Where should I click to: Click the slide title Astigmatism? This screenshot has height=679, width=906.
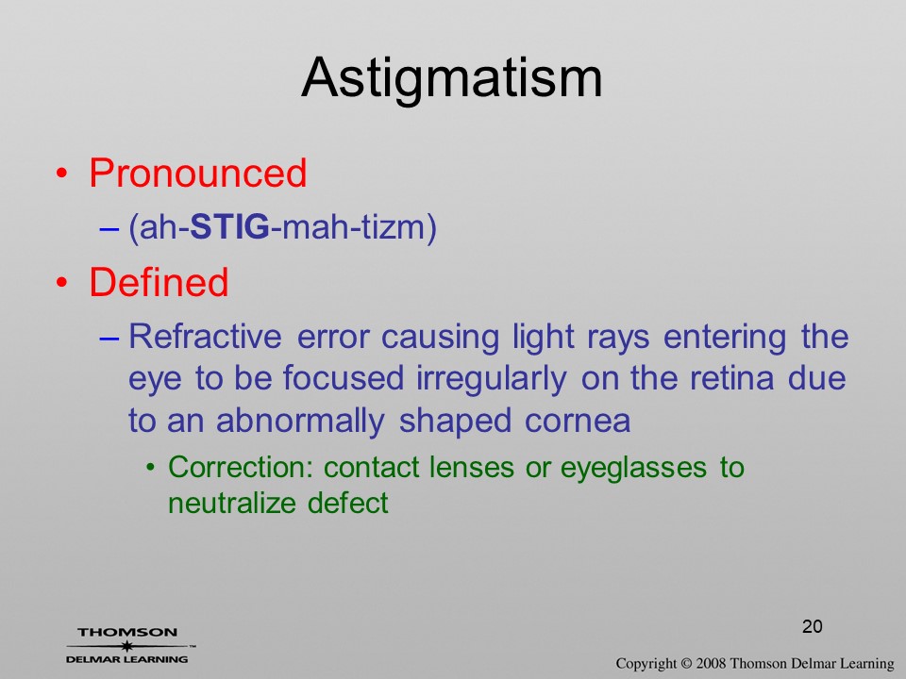tap(452, 78)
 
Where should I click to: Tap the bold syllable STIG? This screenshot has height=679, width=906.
tap(229, 226)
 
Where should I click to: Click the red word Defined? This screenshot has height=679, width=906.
tap(159, 282)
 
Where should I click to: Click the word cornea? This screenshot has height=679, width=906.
tap(578, 421)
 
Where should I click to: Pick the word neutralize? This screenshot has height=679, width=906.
tap(232, 503)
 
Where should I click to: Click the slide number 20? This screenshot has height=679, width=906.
tap(812, 626)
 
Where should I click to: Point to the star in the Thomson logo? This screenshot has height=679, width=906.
tap(127, 645)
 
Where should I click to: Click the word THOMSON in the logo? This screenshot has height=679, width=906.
tap(127, 632)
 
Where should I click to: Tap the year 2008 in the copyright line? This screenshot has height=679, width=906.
tap(710, 663)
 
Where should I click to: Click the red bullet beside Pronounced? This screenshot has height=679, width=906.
tap(62, 174)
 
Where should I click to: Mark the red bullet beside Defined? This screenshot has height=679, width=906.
tap(62, 283)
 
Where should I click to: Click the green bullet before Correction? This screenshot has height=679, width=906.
tap(151, 467)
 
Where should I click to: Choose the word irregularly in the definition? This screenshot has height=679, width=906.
tap(491, 379)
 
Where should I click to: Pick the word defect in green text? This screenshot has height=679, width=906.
tap(348, 503)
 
